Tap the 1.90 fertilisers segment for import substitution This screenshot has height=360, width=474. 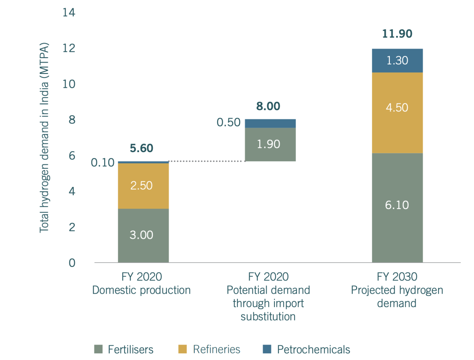[x=270, y=144]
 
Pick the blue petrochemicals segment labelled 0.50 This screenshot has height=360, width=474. [x=270, y=123]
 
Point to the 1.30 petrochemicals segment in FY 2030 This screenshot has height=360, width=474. [x=397, y=60]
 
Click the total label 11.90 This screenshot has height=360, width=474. [x=397, y=34]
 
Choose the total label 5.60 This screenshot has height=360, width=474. [x=141, y=148]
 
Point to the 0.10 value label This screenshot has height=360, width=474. [x=102, y=162]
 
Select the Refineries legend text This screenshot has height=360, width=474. [x=216, y=349]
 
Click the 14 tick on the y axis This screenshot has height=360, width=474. [x=69, y=13]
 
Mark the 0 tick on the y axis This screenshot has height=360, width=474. [x=72, y=263]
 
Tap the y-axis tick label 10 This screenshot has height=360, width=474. [x=69, y=84]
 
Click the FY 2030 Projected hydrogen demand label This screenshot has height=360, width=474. [x=397, y=290]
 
